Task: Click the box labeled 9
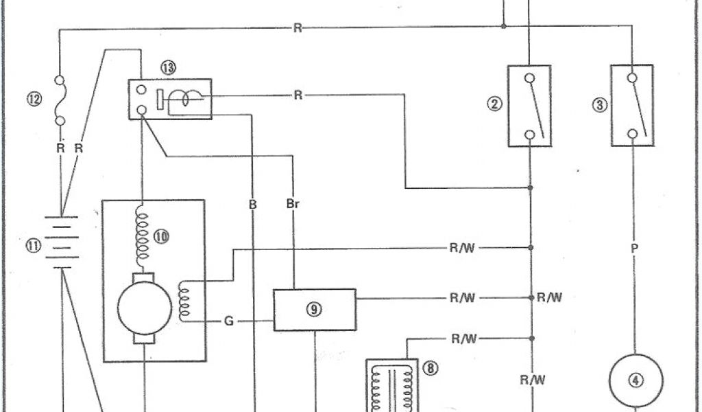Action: point(315,310)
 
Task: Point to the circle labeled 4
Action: point(637,381)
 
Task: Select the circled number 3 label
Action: point(599,105)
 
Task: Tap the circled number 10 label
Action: point(162,237)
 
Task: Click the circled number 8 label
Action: point(431,369)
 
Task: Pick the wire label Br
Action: point(293,204)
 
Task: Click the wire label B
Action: point(254,204)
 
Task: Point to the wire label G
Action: point(228,321)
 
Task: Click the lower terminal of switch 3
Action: point(633,133)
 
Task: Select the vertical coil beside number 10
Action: point(143,234)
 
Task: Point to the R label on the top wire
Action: point(297,28)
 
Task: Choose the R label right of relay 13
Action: point(298,95)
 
